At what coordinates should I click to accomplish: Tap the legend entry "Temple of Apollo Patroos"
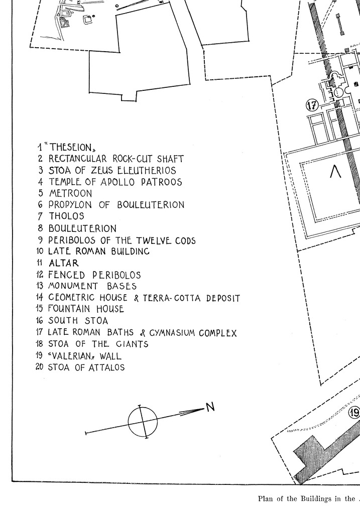tap(115, 182)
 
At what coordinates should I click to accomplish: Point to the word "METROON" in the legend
tap(70, 193)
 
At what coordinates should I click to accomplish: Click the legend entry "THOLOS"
tap(66, 216)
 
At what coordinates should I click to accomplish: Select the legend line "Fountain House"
tap(86, 309)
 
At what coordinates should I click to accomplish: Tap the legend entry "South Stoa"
tap(78, 321)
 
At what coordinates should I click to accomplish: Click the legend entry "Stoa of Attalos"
tap(86, 367)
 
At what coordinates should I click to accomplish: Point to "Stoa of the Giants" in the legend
tap(98, 344)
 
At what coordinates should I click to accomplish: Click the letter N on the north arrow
tap(210, 407)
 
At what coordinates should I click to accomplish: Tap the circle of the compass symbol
tap(143, 421)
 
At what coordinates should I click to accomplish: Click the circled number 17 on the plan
tap(312, 105)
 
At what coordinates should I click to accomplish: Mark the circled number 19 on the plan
tap(354, 413)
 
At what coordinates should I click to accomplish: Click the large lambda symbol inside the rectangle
tap(335, 172)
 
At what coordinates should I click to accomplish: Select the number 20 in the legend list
tap(40, 367)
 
